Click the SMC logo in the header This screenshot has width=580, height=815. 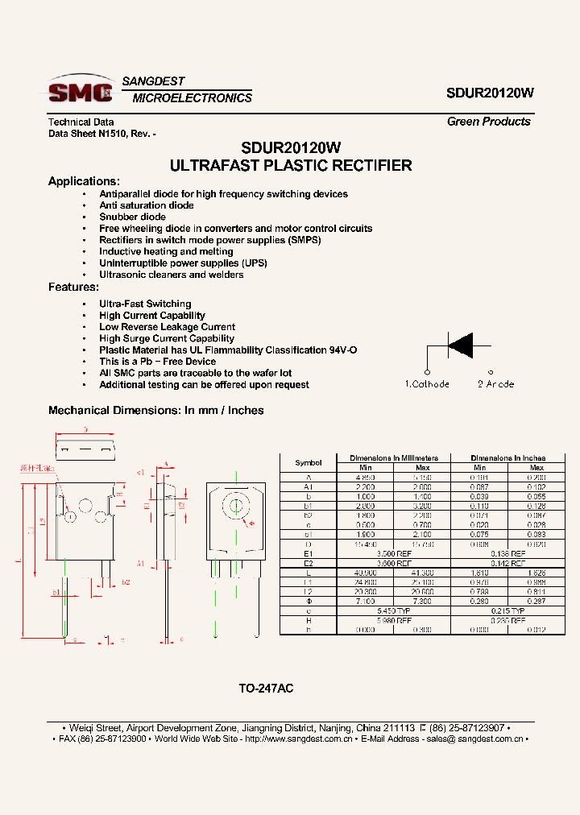(x=80, y=90)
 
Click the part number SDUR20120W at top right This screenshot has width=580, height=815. (x=490, y=93)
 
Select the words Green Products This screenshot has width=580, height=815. (x=489, y=122)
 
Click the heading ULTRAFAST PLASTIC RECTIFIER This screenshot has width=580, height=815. (x=291, y=166)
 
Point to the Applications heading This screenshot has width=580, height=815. (x=84, y=181)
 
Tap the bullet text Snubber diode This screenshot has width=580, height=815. (x=132, y=217)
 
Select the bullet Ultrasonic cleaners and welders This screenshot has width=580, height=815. (x=171, y=275)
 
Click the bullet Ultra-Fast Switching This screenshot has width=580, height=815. (x=145, y=304)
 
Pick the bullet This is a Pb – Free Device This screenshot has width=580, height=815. (x=157, y=362)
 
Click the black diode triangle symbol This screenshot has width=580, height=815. (x=462, y=345)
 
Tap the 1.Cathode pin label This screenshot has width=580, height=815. (x=427, y=384)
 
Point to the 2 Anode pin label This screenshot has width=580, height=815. (x=495, y=384)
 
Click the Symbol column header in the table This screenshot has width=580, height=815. (x=308, y=463)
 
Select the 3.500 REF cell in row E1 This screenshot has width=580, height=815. (x=394, y=554)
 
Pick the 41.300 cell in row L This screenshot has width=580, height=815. (x=422, y=572)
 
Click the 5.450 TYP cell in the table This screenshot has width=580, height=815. (x=394, y=611)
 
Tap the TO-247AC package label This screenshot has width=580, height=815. (x=266, y=689)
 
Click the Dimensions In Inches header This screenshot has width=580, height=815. (x=507, y=457)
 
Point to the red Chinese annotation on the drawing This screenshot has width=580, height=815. (x=37, y=467)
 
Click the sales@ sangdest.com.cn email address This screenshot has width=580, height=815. (x=476, y=738)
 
